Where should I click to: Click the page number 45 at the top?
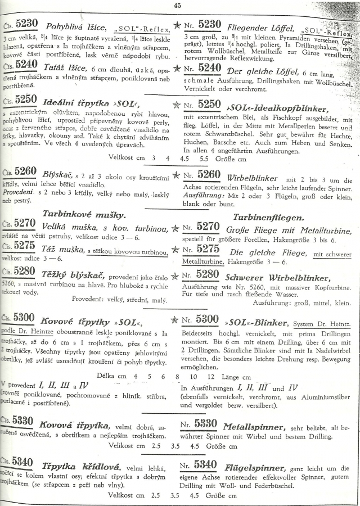[x=178, y=6]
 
